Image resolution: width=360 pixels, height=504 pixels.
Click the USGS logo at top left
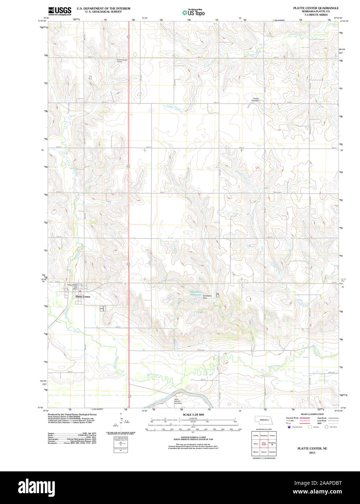[x=60, y=11]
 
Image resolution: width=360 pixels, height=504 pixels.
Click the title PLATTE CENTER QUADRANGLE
[x=316, y=8]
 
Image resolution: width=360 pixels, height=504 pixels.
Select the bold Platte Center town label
[x=83, y=297]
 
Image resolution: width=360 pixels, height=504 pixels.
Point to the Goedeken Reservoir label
[x=196, y=293]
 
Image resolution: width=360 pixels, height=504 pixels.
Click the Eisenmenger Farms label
[x=122, y=61]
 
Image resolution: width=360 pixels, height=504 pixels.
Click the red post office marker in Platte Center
[x=80, y=291]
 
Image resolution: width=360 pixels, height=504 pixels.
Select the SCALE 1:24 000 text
[x=193, y=414]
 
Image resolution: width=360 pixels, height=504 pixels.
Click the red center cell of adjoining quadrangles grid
[x=264, y=443]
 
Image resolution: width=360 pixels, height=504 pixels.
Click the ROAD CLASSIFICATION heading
[x=312, y=414]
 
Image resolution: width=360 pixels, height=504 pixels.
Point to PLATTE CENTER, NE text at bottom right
[x=312, y=449]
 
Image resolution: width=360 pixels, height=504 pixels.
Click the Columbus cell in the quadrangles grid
[x=273, y=452]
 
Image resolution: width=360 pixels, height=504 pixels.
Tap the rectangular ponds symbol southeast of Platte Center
[x=102, y=309]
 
